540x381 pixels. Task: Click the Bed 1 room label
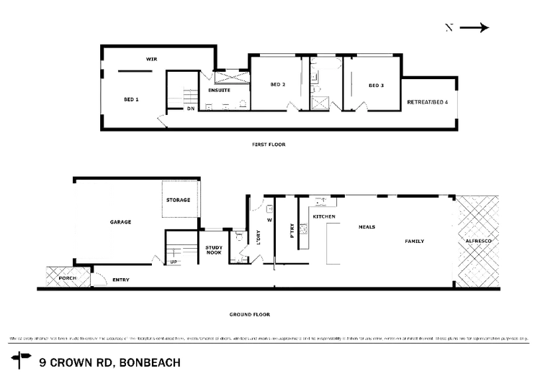click(130, 98)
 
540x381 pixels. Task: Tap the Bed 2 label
click(278, 86)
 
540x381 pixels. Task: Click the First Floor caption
click(270, 145)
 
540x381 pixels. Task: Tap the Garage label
click(121, 223)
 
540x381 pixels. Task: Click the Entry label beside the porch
click(120, 278)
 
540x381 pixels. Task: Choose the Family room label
click(415, 242)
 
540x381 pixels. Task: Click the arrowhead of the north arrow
click(485, 28)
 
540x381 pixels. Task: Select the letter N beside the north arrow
click(449, 28)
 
